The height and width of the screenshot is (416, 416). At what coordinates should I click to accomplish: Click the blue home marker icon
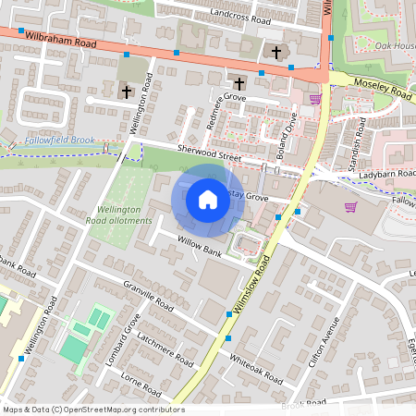(208, 200)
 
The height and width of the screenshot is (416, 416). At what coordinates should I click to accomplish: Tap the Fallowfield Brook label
(60, 140)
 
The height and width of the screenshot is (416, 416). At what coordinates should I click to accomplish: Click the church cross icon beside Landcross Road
(275, 53)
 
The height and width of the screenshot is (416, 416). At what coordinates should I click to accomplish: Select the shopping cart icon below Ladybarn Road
(350, 207)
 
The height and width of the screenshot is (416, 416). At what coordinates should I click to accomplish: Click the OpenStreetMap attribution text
(92, 410)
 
